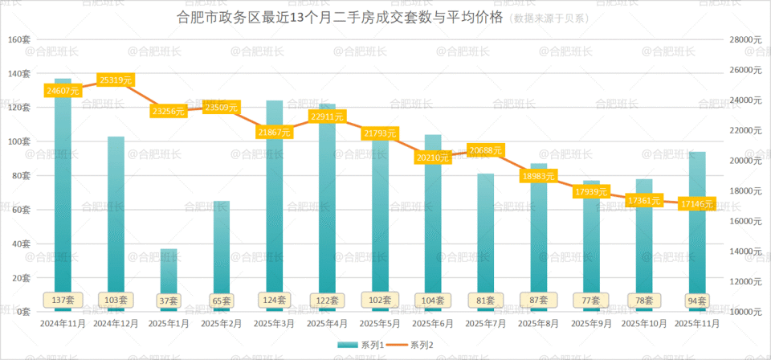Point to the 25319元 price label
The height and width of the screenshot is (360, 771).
click(x=116, y=80)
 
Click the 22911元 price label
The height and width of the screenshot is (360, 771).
click(x=328, y=117)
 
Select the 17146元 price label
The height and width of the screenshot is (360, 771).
click(x=698, y=204)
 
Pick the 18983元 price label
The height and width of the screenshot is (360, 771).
click(x=539, y=176)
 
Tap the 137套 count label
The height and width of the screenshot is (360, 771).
click(x=63, y=300)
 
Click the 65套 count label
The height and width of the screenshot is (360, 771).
click(x=222, y=301)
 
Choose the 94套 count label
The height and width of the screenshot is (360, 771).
click(x=697, y=301)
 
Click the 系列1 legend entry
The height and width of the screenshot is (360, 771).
click(x=362, y=346)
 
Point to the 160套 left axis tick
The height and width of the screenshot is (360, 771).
click(x=19, y=39)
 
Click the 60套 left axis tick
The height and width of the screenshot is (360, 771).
click(x=22, y=210)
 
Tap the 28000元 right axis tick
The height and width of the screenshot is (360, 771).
click(x=745, y=39)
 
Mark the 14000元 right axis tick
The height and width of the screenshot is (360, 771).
click(x=745, y=252)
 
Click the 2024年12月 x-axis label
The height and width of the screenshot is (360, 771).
click(x=116, y=323)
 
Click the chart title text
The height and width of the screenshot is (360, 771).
click(x=337, y=17)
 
